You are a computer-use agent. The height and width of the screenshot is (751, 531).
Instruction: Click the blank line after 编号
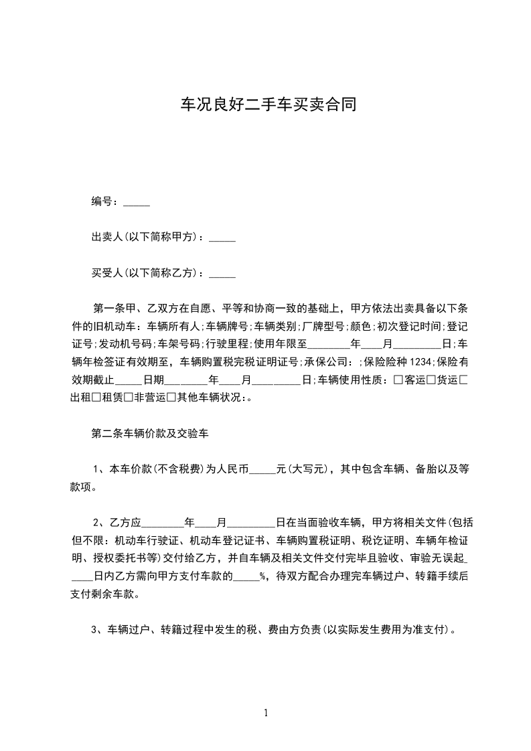(137, 201)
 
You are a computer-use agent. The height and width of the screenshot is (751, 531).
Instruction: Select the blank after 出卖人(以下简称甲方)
(222, 238)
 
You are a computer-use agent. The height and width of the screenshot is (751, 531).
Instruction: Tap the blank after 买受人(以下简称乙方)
(222, 273)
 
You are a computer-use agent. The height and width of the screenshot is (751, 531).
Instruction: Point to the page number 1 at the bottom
(266, 713)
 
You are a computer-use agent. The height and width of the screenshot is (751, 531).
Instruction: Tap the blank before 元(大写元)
(262, 469)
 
